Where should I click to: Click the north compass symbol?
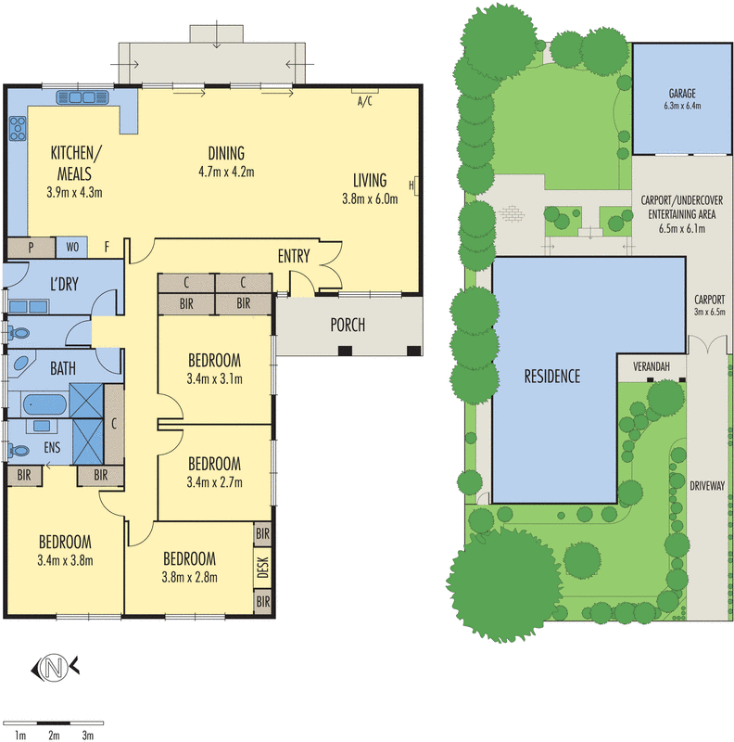point(55,665)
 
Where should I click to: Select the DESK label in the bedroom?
point(262,568)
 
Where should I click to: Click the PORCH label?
point(348,325)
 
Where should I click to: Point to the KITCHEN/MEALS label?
point(77,163)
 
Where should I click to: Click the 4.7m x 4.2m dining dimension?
point(226,172)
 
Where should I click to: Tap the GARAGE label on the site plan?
point(682,94)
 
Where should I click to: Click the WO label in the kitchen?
point(71,248)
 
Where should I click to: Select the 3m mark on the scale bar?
point(88,736)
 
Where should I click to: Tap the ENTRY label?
point(294,256)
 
